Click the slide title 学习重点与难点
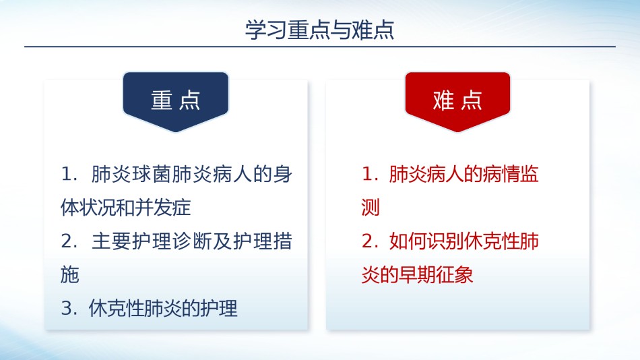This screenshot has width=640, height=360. pyautogui.click(x=319, y=30)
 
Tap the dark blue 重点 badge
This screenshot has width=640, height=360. pyautogui.click(x=176, y=102)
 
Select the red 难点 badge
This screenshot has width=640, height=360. pyautogui.click(x=457, y=102)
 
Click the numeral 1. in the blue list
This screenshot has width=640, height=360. pyautogui.click(x=69, y=174)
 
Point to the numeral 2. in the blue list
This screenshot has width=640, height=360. pyautogui.click(x=69, y=241)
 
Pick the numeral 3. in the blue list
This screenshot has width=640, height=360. pyautogui.click(x=69, y=308)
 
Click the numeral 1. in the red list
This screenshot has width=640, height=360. pyautogui.click(x=370, y=174)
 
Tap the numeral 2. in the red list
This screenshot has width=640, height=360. pyautogui.click(x=370, y=241)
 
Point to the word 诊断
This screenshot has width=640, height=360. pyautogui.click(x=192, y=241)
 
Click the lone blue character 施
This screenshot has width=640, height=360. pyautogui.click(x=70, y=274)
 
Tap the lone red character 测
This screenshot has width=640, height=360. pyautogui.click(x=371, y=208)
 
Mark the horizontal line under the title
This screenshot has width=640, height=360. pyautogui.click(x=320, y=47)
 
